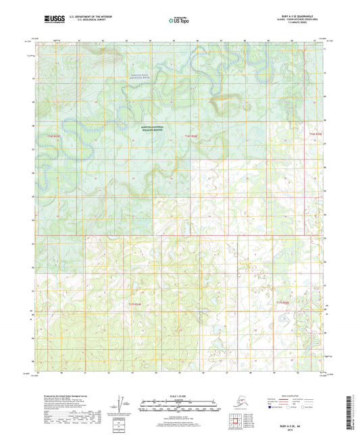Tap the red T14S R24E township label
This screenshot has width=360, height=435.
[x=192, y=136]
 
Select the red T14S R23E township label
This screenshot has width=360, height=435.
[x=53, y=136]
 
